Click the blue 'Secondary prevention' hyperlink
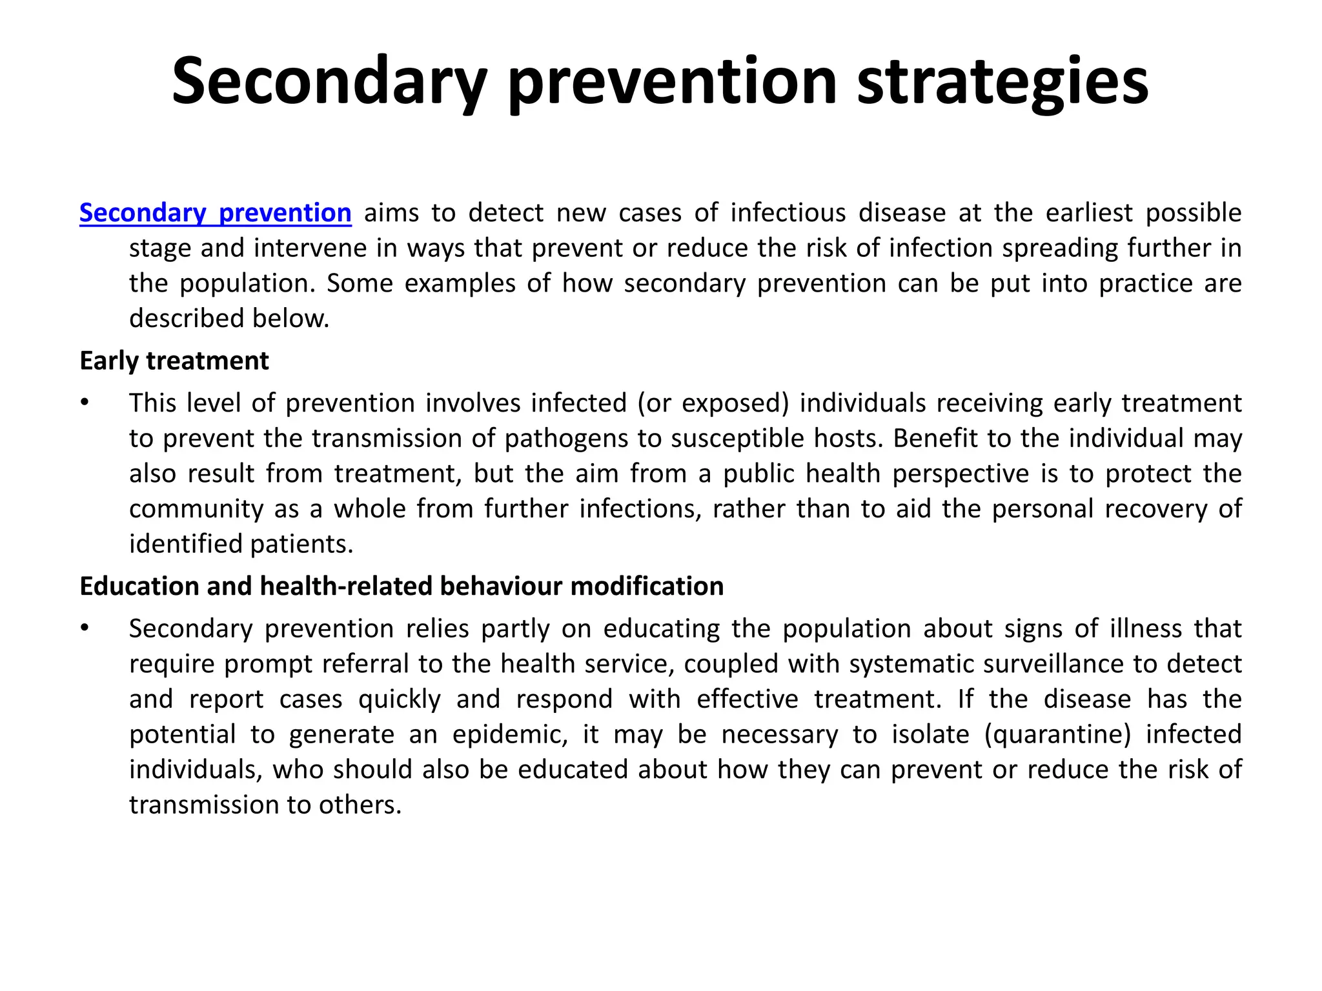click(215, 213)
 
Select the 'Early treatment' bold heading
click(174, 361)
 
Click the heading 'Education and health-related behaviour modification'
click(401, 586)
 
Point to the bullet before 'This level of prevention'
click(84, 403)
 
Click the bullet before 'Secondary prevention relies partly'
click(84, 628)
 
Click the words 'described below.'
click(229, 319)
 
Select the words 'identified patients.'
click(241, 544)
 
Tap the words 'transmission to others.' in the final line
click(265, 805)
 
